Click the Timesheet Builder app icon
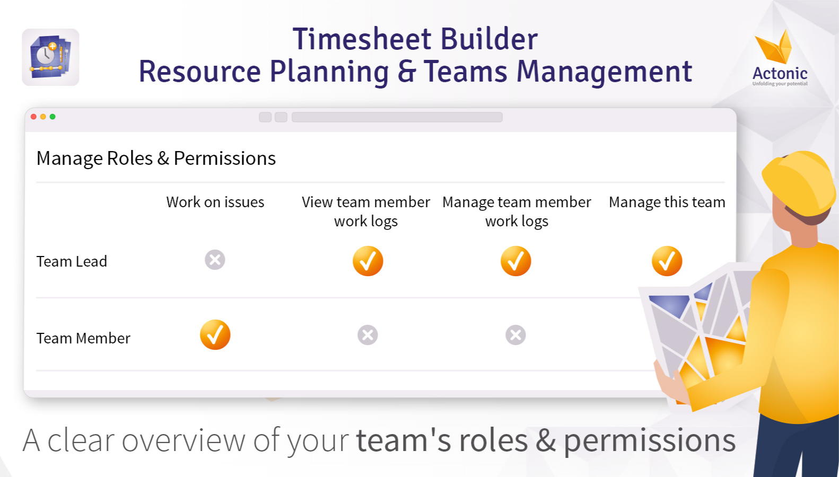[50, 57]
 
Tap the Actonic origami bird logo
[774, 48]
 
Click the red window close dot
[33, 117]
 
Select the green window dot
[53, 117]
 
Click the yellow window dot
[43, 117]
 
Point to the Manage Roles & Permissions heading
[156, 158]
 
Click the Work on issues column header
[215, 202]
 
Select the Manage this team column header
[667, 202]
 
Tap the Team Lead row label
[72, 261]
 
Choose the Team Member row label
[83, 338]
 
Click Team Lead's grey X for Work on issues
[215, 260]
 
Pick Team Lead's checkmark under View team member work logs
[368, 261]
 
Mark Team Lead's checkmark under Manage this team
[667, 261]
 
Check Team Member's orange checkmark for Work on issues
[215, 335]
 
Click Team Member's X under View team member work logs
[368, 335]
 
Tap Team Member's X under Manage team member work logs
[516, 335]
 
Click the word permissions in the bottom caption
[650, 441]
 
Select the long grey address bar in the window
[397, 117]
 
